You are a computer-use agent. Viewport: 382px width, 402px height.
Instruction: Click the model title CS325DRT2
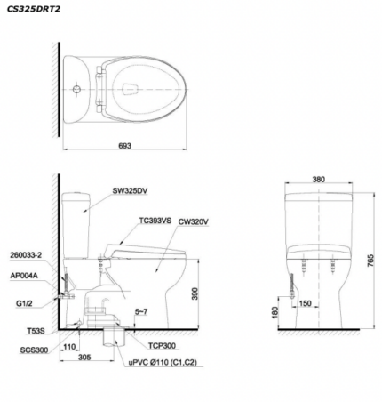(34, 9)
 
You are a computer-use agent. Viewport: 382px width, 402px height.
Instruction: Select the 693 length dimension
(124, 146)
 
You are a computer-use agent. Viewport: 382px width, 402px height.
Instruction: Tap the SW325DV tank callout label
(130, 191)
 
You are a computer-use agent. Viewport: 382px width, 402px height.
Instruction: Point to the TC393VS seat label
(155, 221)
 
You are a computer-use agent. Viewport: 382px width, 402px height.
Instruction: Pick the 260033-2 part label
(26, 255)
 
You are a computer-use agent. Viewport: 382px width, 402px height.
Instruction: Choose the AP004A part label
(24, 276)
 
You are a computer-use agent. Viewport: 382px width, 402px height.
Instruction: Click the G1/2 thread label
(25, 303)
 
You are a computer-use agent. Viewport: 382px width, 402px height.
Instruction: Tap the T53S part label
(36, 331)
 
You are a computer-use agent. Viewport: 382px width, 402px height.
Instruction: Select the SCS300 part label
(34, 350)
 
